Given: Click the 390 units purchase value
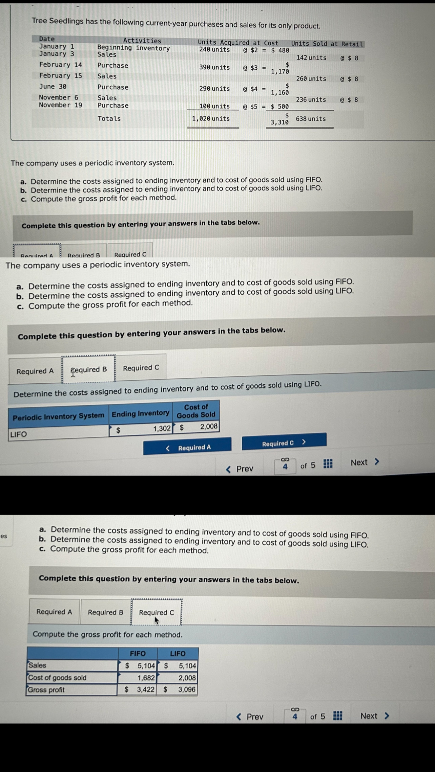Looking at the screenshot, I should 214,67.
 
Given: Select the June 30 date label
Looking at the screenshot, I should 53,87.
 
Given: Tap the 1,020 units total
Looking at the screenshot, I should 211,119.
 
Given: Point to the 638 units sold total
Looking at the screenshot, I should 311,119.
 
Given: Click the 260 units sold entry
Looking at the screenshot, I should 311,79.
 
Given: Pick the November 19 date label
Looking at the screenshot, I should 60,105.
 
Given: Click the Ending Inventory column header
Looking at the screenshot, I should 141,414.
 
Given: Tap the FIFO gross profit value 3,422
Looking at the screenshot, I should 146,689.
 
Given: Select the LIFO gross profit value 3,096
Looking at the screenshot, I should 187,689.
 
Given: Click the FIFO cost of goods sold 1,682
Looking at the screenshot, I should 146,678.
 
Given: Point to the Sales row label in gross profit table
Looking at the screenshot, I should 38,665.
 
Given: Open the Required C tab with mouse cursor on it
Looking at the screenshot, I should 157,613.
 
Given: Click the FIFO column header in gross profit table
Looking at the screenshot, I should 138,654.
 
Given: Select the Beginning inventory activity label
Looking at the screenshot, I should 133,48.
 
